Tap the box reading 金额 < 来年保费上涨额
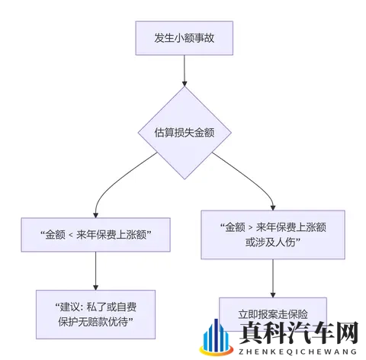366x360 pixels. [x=95, y=236]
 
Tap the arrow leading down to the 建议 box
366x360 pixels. [x=95, y=272]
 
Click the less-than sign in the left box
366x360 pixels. [x=69, y=236]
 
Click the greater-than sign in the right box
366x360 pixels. [x=252, y=227]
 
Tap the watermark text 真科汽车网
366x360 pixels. [x=297, y=333]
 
